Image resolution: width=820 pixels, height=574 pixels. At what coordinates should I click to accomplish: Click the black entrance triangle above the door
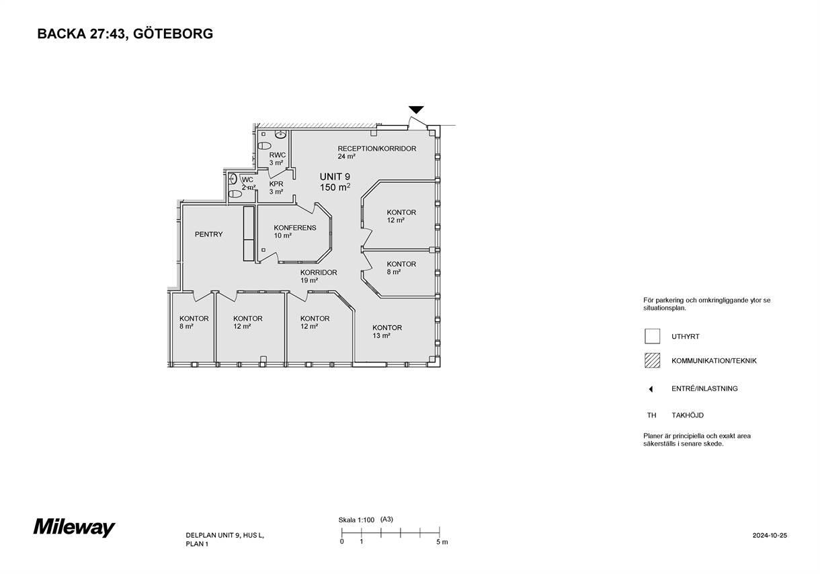click(416, 110)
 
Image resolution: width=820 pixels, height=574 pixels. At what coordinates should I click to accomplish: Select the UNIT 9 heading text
click(335, 177)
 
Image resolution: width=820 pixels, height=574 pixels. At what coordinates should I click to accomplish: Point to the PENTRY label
click(208, 235)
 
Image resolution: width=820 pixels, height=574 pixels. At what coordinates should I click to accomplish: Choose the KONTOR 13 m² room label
click(387, 331)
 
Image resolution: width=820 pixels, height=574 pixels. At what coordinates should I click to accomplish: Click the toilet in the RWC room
click(264, 146)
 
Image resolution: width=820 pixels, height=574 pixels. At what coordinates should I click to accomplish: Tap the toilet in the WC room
click(235, 194)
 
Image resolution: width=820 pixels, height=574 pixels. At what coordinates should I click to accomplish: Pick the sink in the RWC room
click(280, 134)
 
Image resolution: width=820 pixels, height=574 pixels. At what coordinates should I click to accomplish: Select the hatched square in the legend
click(653, 360)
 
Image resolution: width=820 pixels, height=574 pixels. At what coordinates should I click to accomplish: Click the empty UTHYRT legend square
click(653, 336)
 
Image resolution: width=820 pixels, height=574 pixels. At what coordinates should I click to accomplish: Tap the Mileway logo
click(75, 528)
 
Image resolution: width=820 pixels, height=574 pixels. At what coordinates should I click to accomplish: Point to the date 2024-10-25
click(770, 535)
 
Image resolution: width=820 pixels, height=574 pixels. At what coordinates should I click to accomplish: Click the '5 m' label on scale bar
click(442, 542)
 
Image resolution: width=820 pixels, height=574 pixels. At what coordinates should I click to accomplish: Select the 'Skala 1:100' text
click(356, 520)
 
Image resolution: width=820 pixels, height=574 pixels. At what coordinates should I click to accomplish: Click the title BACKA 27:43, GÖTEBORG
click(125, 34)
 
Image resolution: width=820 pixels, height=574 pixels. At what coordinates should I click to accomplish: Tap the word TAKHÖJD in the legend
click(688, 415)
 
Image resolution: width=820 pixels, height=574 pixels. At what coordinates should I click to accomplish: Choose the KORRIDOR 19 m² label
click(319, 276)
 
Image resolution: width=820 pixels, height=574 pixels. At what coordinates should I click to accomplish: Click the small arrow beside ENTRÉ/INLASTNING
click(651, 389)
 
